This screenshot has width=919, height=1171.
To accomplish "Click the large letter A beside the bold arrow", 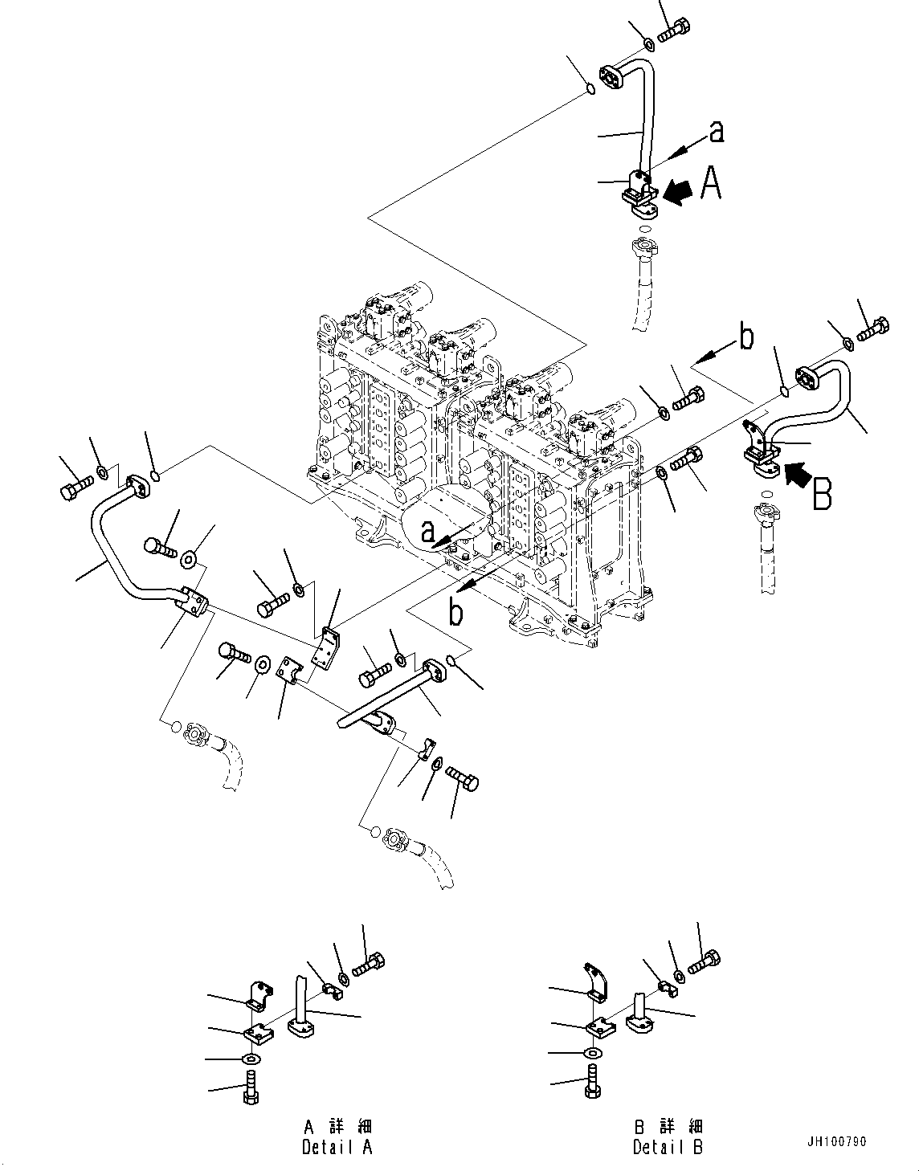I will (711, 183).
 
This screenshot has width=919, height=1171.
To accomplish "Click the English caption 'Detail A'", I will (337, 1148).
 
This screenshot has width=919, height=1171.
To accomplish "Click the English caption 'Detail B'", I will (668, 1148).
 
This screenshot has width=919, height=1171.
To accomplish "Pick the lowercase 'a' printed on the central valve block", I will (428, 530).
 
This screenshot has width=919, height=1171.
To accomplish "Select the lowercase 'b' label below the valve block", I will (455, 613).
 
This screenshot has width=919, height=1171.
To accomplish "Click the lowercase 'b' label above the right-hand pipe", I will (746, 339).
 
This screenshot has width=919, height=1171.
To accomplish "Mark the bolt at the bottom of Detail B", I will (591, 1081).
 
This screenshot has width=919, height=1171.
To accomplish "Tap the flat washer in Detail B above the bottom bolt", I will (591, 1053).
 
